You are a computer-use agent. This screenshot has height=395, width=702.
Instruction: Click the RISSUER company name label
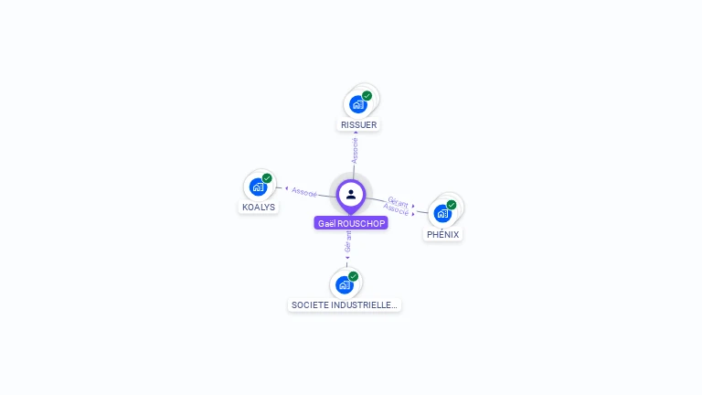coord(358,124)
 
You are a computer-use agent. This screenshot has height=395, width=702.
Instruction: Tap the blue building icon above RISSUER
coord(357,104)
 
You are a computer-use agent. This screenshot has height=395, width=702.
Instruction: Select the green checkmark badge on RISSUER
coord(367,95)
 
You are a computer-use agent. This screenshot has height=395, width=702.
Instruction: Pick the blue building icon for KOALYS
coord(258,187)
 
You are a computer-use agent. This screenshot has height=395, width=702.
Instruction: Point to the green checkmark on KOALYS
coord(267,178)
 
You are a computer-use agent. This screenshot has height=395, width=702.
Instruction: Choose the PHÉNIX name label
coord(443,234)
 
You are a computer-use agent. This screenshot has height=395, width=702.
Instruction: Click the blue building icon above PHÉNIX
coord(442,214)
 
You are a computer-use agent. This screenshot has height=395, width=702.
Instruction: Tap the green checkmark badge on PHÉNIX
coord(452,205)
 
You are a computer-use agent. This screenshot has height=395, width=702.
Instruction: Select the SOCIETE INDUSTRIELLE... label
coord(344,304)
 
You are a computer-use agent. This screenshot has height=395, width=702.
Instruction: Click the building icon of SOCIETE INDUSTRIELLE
coord(344,284)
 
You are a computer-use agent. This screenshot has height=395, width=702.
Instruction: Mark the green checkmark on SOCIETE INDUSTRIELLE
coord(353,276)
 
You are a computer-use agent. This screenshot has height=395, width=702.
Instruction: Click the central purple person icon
coord(351,194)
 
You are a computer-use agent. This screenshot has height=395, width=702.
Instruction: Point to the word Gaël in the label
coord(326,223)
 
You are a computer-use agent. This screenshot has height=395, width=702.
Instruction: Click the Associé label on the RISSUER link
coord(356,150)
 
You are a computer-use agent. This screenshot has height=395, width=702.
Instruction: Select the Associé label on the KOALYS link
coord(304,192)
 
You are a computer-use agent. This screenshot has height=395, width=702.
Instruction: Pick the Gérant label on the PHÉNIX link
coord(398,200)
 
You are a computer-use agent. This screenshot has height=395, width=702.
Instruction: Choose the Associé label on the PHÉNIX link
coord(396,209)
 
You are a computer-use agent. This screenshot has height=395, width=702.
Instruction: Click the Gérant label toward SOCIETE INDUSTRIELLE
coord(347,242)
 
